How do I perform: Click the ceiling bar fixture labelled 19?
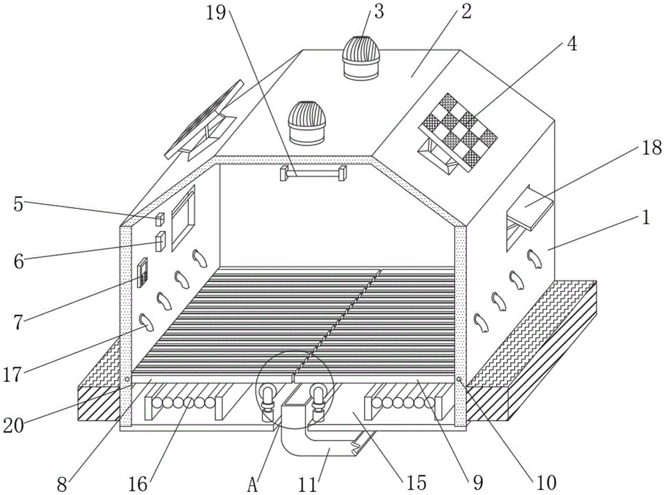313,174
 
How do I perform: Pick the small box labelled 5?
160,219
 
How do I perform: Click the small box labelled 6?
160,242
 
